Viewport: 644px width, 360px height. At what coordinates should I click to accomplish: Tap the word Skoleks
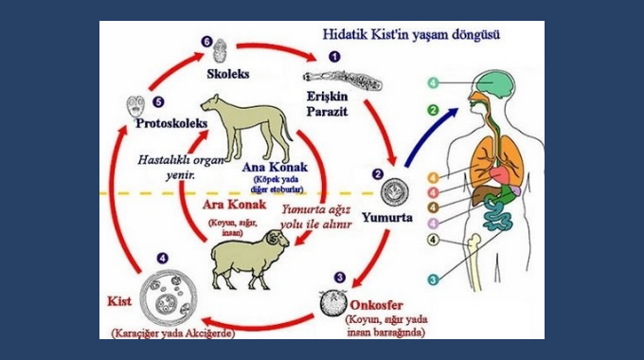click(227, 72)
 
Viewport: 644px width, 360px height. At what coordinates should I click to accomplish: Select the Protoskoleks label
click(174, 122)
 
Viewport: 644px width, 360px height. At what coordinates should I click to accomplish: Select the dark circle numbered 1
click(333, 56)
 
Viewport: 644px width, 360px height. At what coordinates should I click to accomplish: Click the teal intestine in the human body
click(497, 212)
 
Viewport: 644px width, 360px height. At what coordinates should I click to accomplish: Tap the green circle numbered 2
click(433, 111)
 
